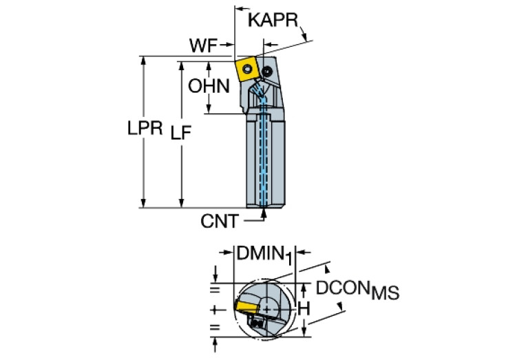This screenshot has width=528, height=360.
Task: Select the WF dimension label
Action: pyautogui.click(x=204, y=47)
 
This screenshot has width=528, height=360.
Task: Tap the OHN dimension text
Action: pyautogui.click(x=209, y=87)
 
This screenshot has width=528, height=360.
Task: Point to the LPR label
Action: pyautogui.click(x=145, y=129)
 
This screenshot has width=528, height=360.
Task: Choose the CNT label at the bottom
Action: pyautogui.click(x=220, y=222)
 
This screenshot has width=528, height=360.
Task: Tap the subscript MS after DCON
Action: pyautogui.click(x=385, y=295)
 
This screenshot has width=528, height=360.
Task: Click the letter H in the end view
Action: pyautogui.click(x=303, y=310)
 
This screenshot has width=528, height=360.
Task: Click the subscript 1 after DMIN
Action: pyautogui.click(x=291, y=258)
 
